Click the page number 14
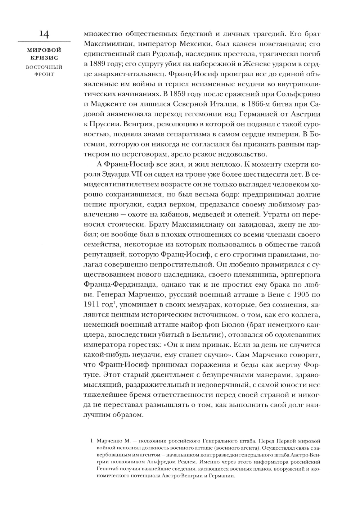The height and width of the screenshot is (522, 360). (44, 35)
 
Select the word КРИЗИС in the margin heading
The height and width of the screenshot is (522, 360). (44, 58)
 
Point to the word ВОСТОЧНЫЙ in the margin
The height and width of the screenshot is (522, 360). (44, 67)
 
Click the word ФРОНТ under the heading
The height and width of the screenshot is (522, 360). (44, 74)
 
